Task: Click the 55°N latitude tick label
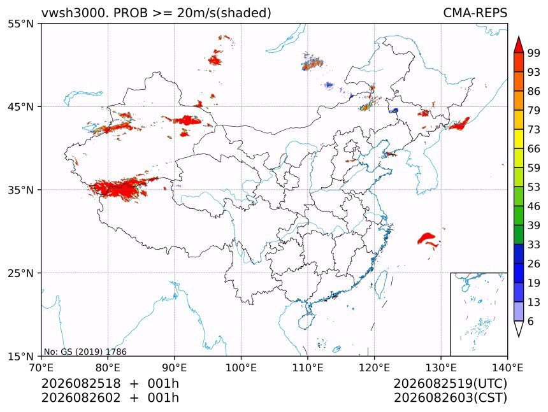point(20,24)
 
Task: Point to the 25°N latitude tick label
point(20,273)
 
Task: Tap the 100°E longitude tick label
point(241,367)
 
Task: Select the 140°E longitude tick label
point(507,367)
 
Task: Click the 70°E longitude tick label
point(41,367)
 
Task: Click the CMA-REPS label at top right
point(475,13)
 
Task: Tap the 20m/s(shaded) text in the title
point(224,13)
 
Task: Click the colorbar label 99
point(534,53)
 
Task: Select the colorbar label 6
point(531,321)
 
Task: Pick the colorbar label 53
point(534,187)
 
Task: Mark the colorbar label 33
point(534,245)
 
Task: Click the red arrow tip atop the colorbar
point(519,36)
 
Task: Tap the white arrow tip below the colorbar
point(519,337)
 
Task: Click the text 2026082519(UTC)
point(450,383)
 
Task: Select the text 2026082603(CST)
point(450,398)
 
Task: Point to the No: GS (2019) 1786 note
point(85,352)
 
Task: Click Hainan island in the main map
point(306,321)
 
